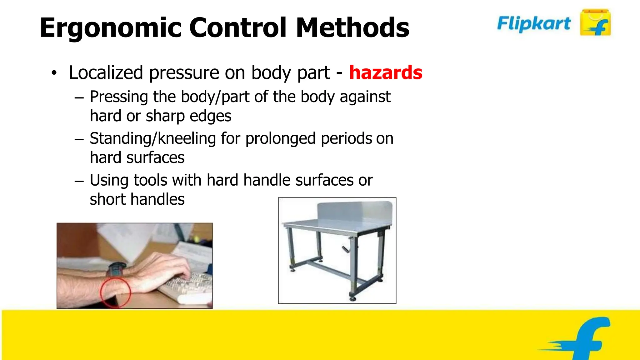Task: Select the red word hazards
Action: (386, 72)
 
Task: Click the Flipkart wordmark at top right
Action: (534, 23)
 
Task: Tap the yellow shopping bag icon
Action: (595, 22)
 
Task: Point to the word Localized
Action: (106, 72)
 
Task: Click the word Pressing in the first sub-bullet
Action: (119, 97)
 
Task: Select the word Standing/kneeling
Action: (153, 138)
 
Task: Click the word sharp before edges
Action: (165, 116)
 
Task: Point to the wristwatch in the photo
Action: (117, 269)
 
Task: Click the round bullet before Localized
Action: (54, 73)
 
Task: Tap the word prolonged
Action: (280, 138)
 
